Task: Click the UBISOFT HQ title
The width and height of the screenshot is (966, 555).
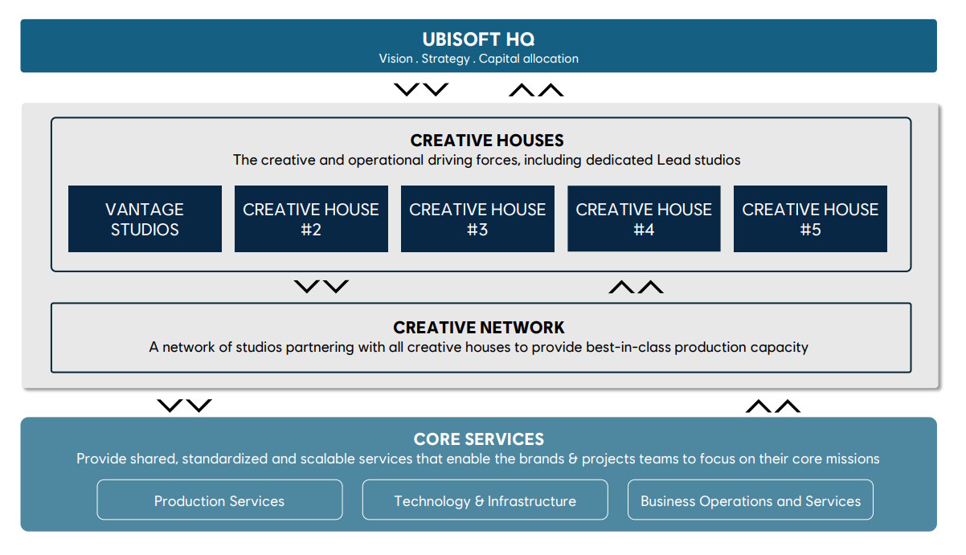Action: (478, 39)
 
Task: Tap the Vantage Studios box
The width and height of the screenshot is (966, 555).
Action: (145, 219)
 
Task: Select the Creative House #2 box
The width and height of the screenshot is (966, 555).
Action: (311, 219)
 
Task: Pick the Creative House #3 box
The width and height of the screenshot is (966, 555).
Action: (477, 219)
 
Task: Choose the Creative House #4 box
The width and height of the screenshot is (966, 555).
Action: (644, 218)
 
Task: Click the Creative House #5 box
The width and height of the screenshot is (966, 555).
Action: (810, 219)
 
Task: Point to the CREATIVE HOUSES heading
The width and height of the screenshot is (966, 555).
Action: (487, 141)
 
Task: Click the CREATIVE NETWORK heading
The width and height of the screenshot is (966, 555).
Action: (479, 328)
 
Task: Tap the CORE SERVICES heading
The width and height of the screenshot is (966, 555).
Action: (479, 439)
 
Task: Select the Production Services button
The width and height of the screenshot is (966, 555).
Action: (219, 500)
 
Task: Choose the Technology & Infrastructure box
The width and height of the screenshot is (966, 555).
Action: (485, 500)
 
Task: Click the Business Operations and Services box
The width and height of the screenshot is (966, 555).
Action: (751, 500)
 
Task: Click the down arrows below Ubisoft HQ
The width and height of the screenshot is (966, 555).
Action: (421, 90)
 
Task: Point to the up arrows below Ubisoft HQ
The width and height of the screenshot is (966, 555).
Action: (536, 90)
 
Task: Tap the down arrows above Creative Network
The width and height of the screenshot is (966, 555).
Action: (321, 287)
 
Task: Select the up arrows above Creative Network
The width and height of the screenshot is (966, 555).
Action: (636, 287)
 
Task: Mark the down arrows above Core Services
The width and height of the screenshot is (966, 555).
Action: (184, 406)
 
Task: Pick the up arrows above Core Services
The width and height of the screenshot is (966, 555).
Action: (773, 406)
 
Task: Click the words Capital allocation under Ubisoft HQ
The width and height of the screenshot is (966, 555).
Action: (529, 59)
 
